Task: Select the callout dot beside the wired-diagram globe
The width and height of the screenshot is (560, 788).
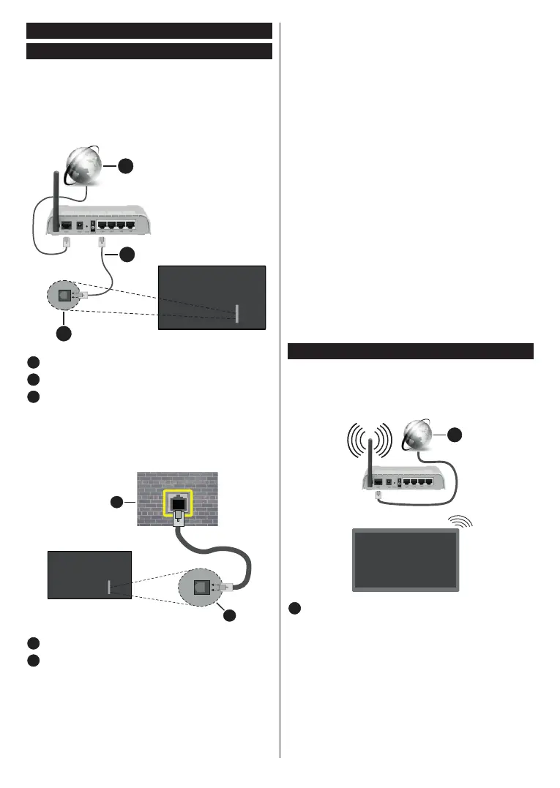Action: (x=126, y=167)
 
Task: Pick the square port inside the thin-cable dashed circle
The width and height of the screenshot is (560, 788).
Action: (x=64, y=296)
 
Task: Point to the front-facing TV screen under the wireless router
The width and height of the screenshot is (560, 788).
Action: (x=406, y=559)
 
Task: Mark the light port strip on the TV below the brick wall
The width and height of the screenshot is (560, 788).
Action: (x=109, y=587)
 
